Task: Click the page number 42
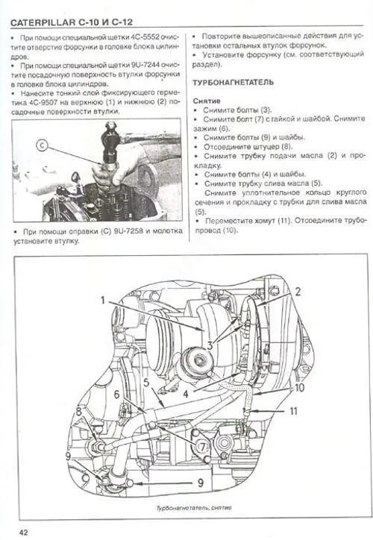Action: (x=24, y=531)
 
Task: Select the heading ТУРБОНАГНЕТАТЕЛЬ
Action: (x=233, y=81)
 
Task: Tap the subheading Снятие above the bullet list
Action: (x=206, y=99)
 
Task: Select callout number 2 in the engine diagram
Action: (x=297, y=292)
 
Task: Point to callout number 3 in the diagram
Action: (x=210, y=345)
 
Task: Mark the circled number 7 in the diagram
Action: (x=201, y=445)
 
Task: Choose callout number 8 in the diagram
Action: (x=78, y=411)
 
